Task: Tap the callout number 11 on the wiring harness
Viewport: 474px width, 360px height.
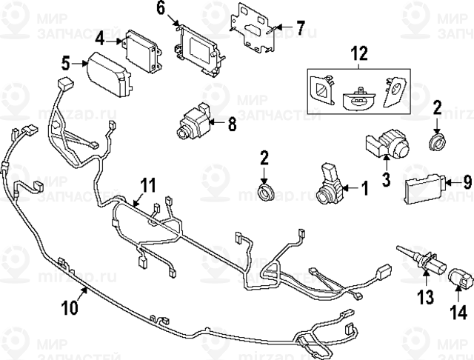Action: tap(149, 184)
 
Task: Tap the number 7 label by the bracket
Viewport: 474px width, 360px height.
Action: tap(300, 29)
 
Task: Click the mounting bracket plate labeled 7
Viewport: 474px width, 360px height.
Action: tap(253, 27)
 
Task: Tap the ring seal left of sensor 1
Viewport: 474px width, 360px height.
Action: tap(265, 192)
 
